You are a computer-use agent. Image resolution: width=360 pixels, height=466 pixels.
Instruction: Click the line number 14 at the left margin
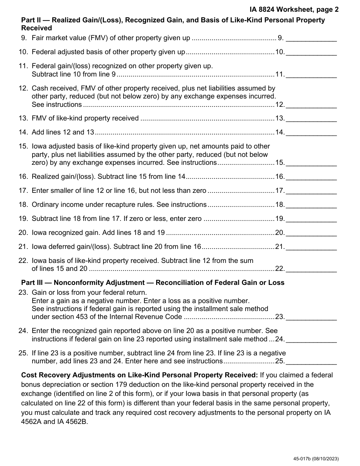23,132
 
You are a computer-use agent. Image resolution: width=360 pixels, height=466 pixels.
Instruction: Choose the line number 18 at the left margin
23,205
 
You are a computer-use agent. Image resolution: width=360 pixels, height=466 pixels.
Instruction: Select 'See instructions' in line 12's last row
56,105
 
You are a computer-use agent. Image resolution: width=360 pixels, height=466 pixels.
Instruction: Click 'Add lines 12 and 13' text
63,132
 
